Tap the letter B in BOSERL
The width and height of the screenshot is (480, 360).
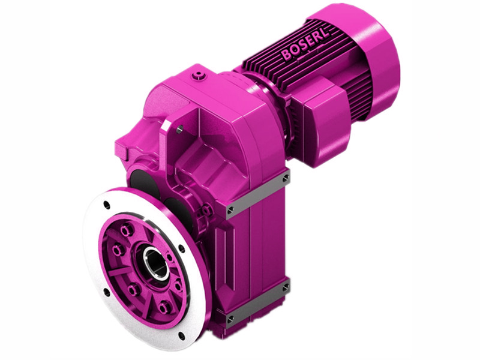[x=286, y=56]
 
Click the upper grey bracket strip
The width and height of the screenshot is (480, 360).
[x=258, y=193]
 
